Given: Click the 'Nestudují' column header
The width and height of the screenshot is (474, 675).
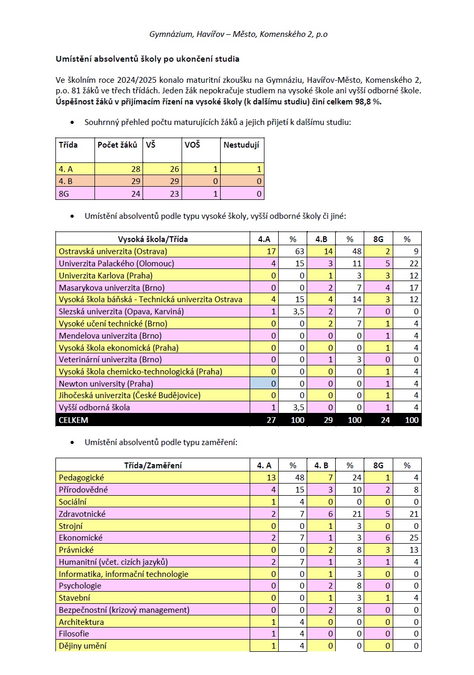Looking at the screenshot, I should [x=241, y=144].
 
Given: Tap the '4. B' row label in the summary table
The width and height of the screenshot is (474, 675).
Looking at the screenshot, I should [x=65, y=181].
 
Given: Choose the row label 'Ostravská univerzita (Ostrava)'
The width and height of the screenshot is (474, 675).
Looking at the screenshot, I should [x=113, y=251].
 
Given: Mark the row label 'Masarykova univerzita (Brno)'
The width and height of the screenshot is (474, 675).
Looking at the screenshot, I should [x=112, y=287].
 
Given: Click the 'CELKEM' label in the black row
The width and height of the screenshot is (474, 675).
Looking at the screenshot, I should [x=74, y=420].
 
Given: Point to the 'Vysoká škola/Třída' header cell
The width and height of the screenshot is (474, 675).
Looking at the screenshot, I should [x=153, y=239].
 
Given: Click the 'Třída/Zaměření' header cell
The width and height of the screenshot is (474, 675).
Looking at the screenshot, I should [x=153, y=465].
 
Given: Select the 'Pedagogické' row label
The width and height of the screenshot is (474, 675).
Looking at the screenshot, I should [x=81, y=477].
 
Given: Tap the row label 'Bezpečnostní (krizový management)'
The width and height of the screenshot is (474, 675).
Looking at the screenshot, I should [x=124, y=610].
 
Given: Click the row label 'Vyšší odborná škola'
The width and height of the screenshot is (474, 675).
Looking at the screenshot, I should [x=94, y=408].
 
